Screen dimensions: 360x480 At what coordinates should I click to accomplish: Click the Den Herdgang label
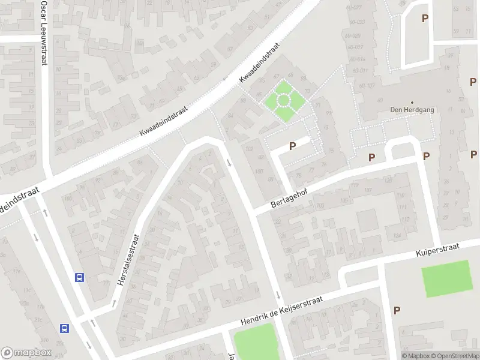[x=412, y=110]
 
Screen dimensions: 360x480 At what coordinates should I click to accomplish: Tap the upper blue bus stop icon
[x=79, y=277]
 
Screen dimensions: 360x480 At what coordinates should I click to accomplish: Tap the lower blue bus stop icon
[x=64, y=328]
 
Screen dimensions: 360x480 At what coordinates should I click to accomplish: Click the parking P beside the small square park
[x=293, y=145]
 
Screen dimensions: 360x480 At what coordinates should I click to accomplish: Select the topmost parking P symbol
[x=425, y=19]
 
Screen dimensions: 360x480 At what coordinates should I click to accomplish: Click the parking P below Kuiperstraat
[x=397, y=310]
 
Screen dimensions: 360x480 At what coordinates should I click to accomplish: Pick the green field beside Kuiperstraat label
[x=446, y=278]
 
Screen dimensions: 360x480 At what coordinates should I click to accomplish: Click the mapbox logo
[x=26, y=353]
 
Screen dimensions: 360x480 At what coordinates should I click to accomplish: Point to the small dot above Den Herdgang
[x=412, y=102]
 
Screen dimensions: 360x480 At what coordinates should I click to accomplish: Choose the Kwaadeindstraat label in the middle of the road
[x=163, y=120]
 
